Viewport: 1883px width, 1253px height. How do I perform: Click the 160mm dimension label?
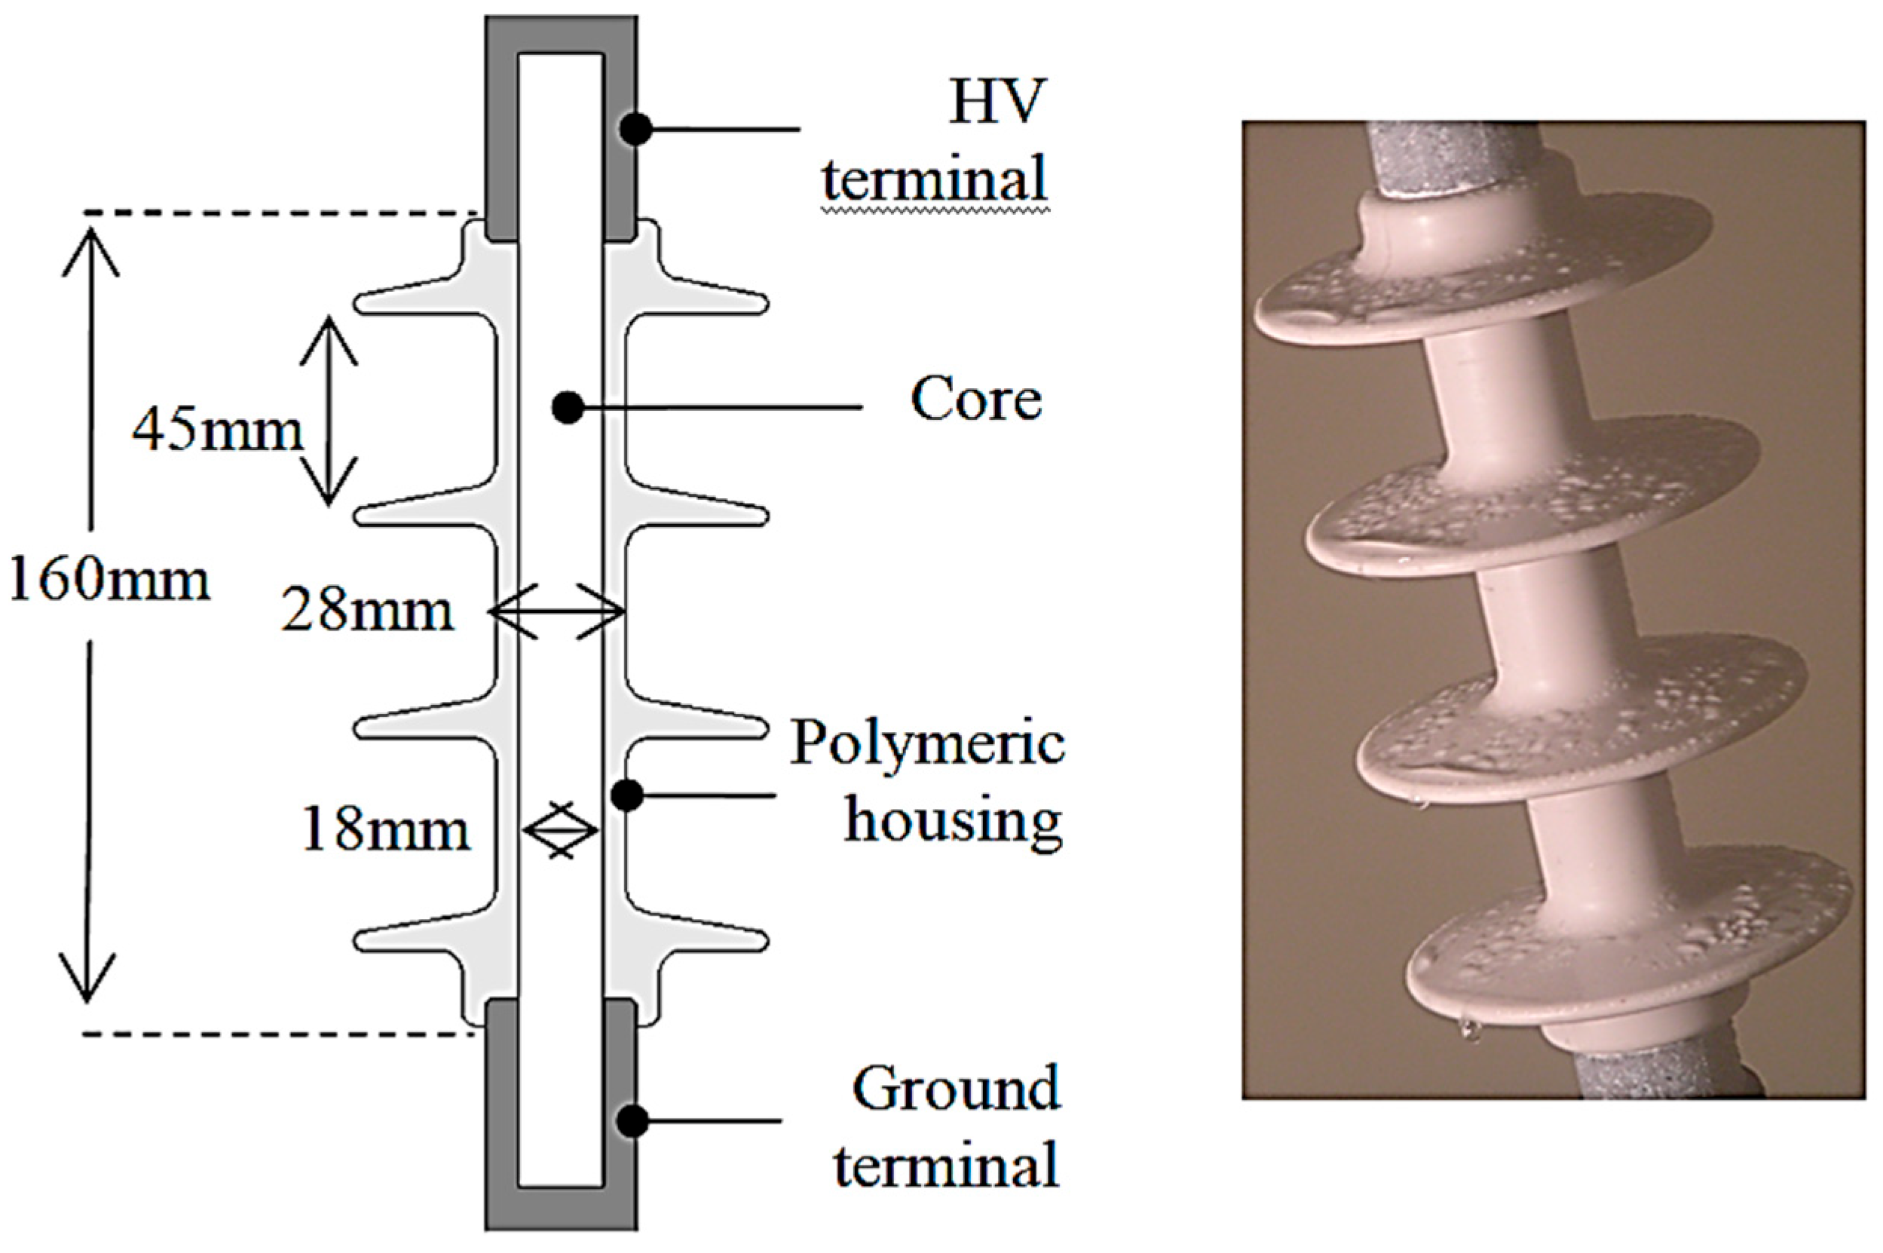click(x=109, y=581)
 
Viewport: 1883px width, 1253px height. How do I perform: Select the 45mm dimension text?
click(x=217, y=432)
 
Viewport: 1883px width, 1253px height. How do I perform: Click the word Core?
click(x=975, y=399)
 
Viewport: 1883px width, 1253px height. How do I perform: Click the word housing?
click(x=953, y=819)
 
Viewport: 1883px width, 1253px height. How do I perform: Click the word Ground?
click(x=956, y=1089)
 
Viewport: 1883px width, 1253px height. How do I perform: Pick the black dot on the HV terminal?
click(x=637, y=129)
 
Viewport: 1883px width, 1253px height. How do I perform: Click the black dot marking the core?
click(x=567, y=408)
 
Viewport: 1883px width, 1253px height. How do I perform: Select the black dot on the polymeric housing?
click(x=627, y=795)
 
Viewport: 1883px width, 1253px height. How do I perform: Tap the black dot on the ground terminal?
click(x=633, y=1120)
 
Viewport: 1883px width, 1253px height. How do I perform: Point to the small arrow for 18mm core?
click(x=561, y=831)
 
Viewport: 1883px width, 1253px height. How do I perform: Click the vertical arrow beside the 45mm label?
click(x=329, y=411)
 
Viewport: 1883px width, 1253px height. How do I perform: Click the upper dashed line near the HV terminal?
click(x=280, y=213)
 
